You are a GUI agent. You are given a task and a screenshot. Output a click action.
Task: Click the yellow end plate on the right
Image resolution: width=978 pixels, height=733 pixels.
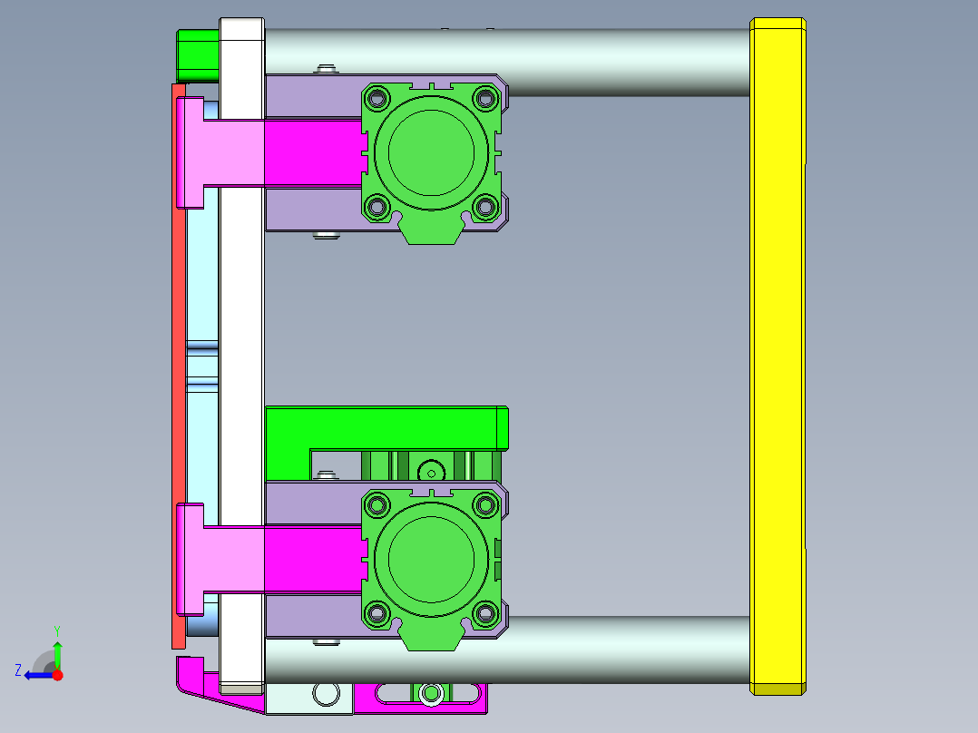[x=778, y=354]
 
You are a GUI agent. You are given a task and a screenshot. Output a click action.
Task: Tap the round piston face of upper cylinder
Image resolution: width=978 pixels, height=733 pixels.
[x=431, y=150]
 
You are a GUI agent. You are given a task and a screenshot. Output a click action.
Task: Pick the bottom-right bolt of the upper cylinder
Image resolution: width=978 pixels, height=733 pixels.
[x=485, y=208]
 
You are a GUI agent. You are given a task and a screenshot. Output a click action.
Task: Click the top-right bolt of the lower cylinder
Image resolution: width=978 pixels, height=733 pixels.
[x=485, y=504]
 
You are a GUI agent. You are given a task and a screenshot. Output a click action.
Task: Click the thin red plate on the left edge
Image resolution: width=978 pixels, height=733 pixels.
[x=179, y=363]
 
